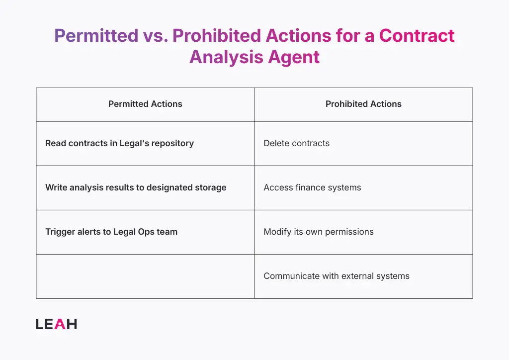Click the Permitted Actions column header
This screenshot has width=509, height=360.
coord(145,104)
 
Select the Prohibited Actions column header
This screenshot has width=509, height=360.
coord(363,104)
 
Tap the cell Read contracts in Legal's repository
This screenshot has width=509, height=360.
coord(119,143)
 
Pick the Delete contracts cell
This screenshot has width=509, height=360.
coord(296,143)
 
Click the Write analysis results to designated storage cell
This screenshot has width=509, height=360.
coord(136,187)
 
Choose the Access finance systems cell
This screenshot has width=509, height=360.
coord(312,187)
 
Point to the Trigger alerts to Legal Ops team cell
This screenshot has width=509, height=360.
coord(111,232)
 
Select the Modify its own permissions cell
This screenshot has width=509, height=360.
coord(318,232)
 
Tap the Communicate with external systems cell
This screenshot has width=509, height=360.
coord(337,276)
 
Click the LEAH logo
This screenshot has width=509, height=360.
coord(56,324)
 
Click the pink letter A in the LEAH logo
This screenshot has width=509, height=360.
coord(59,324)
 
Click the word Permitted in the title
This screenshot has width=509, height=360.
coord(96,36)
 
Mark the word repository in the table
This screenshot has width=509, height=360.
coord(173,143)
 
